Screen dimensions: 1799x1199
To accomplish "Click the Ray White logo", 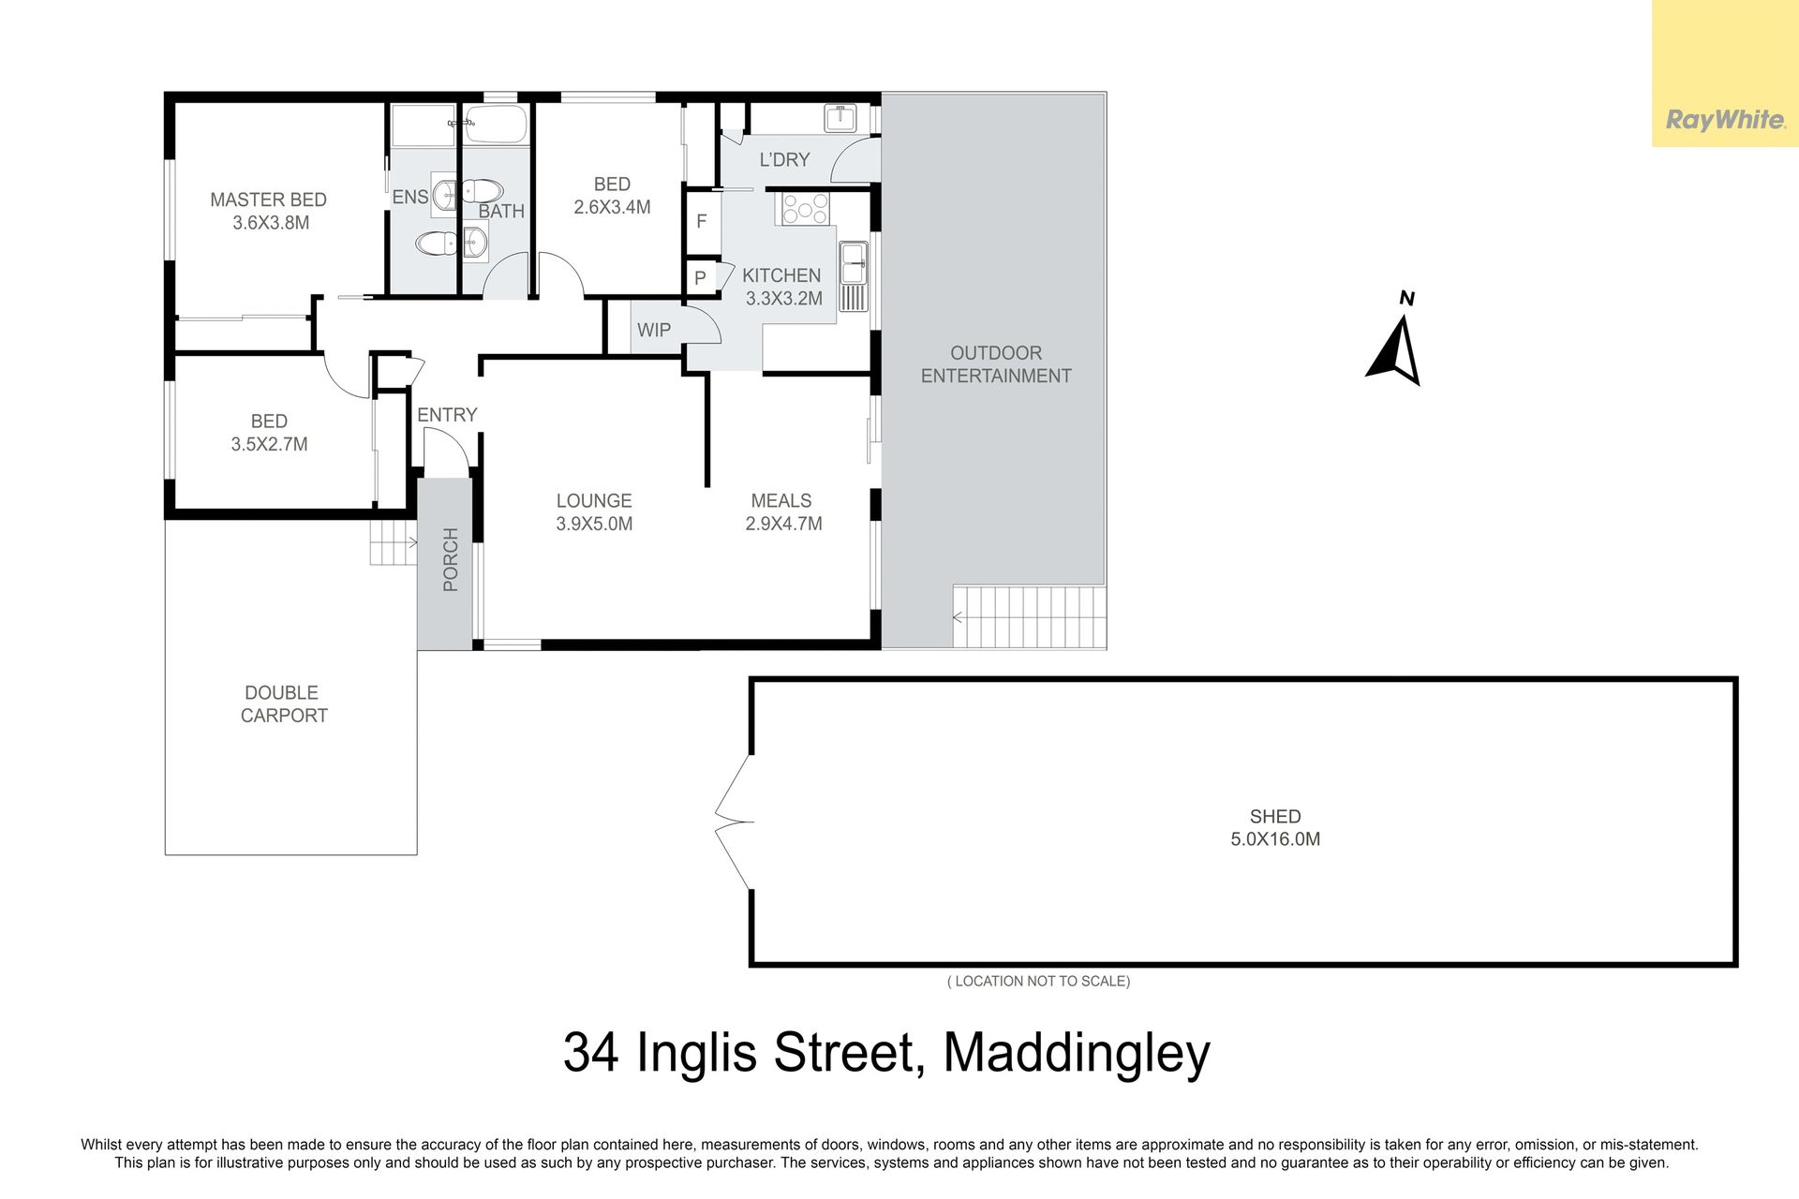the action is point(1725,120).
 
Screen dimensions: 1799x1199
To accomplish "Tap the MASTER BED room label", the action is point(268,200).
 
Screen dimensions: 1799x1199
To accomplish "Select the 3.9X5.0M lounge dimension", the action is point(594,524).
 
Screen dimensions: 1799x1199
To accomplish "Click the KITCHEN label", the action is point(781,275).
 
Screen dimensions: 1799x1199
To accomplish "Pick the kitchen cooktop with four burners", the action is point(806,208).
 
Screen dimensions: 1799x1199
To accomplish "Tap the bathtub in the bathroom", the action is point(496,124).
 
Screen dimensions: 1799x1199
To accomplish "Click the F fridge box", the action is point(702,221).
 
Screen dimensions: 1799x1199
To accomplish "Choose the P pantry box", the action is point(700,278).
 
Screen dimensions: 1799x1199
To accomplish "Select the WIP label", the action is point(654,330).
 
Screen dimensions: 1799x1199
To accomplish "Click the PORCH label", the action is point(451,559).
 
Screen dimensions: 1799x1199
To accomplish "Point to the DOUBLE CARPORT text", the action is point(284,703).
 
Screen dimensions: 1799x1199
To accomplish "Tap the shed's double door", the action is point(734,822).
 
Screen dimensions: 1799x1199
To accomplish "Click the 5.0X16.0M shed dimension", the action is point(1275,839).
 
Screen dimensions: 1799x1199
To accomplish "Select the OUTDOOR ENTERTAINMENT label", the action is point(996,364).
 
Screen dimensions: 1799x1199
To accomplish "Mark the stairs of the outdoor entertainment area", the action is point(1030,617).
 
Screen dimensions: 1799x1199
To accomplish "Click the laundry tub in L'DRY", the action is point(840,118).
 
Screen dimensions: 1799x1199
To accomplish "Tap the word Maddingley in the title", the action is point(1077,1054).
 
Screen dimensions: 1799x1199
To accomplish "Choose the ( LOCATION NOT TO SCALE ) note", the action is point(1039,981).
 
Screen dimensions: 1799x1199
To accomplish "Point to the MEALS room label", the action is point(781,501).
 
